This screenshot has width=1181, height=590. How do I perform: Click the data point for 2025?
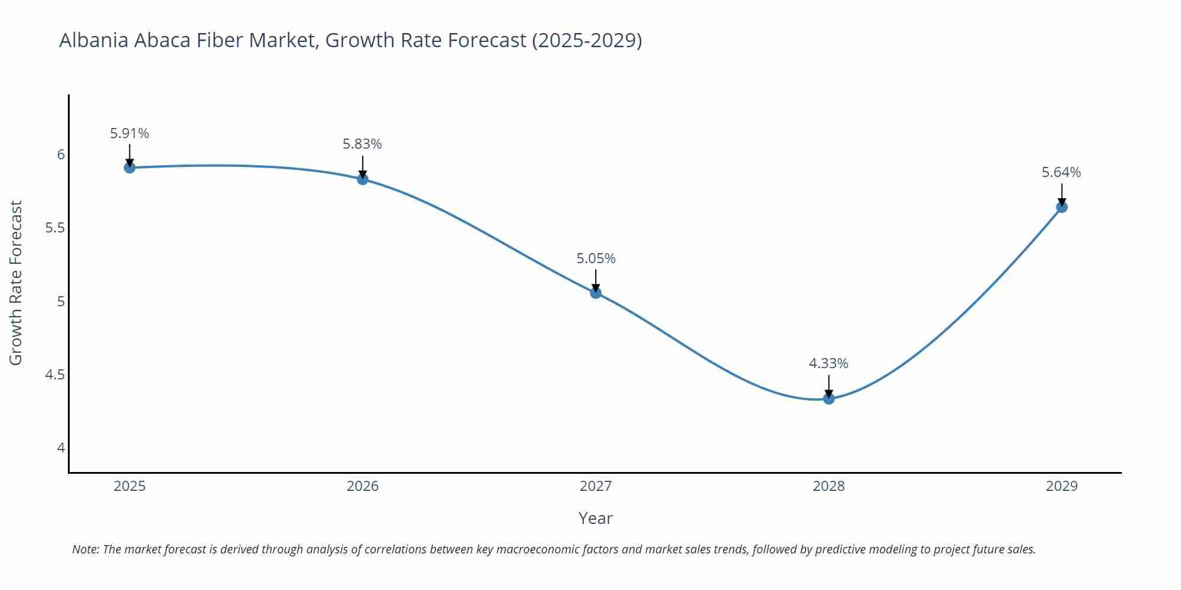click(x=130, y=168)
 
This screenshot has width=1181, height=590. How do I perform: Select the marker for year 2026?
click(x=363, y=179)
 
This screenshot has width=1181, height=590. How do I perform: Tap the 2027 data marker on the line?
click(x=596, y=293)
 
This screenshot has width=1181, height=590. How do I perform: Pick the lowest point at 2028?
click(x=828, y=398)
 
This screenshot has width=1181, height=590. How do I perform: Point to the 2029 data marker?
click(x=1062, y=207)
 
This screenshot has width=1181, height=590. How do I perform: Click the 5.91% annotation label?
click(x=130, y=133)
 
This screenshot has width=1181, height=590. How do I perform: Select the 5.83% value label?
click(x=363, y=144)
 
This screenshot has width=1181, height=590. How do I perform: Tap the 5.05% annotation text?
click(x=596, y=258)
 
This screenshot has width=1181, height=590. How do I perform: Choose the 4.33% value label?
click(x=828, y=363)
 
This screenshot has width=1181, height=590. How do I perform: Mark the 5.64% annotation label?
click(x=1061, y=172)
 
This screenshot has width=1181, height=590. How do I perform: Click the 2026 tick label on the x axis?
click(x=363, y=486)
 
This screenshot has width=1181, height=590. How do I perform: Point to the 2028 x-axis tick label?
click(x=828, y=486)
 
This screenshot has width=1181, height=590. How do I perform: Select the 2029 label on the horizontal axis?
click(x=1062, y=486)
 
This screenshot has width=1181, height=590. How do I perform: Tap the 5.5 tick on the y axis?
click(x=55, y=228)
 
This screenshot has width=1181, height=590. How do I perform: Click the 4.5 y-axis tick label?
click(x=55, y=375)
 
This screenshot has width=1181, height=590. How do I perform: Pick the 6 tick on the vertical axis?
click(x=61, y=155)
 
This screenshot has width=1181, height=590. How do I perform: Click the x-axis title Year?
click(x=595, y=518)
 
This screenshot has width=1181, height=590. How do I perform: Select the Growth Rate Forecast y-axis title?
click(x=16, y=283)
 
